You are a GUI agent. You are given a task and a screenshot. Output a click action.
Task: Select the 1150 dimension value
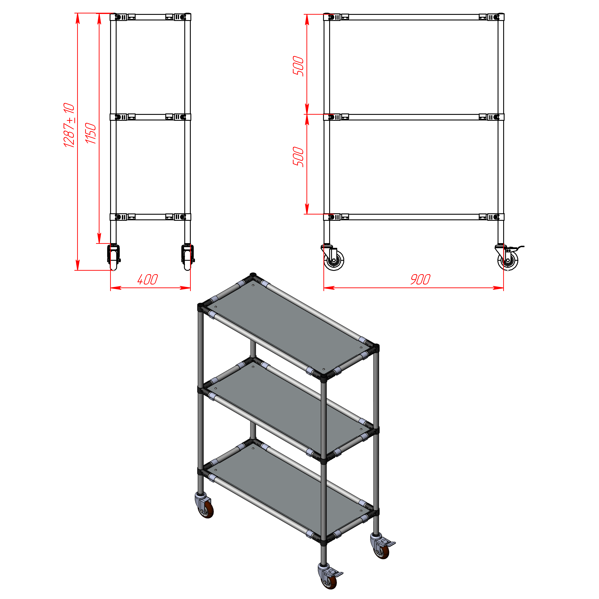[91, 133]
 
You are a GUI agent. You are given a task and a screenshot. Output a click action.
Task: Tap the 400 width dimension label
[148, 279]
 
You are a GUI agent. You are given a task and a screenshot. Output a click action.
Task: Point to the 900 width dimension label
[420, 279]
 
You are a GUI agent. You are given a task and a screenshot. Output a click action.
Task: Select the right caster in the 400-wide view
[188, 257]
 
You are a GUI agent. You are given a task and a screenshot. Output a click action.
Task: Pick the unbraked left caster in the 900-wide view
[333, 257]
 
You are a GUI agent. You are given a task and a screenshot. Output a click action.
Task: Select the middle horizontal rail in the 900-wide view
[414, 117]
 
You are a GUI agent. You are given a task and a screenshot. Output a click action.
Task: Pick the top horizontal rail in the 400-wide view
[150, 17]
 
